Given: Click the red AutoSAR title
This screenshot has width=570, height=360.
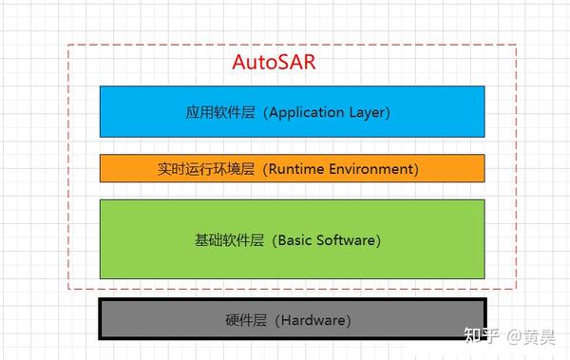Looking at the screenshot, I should tap(274, 64).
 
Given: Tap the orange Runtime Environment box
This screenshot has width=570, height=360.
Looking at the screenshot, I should tap(292, 168).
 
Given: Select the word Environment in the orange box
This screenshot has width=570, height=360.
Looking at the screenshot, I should tap(370, 169).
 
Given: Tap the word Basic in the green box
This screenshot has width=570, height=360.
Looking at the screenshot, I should tap(296, 240).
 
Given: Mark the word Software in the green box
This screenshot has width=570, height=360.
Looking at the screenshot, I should tap(346, 240).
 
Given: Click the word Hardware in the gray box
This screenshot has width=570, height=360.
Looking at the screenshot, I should tap(313, 321).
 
